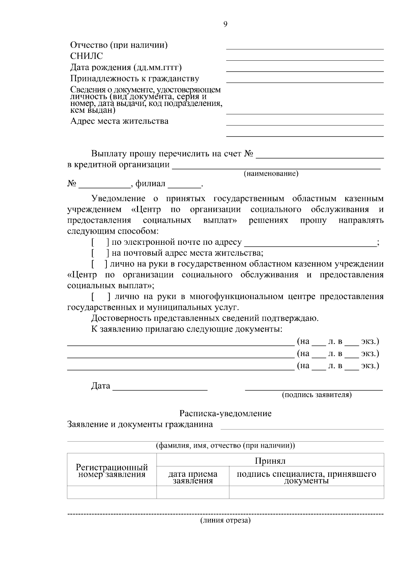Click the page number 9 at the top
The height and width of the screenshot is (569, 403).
[225, 24]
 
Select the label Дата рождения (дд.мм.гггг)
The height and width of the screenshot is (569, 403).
[126, 67]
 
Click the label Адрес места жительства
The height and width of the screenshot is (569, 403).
[119, 121]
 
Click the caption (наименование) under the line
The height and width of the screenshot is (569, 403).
[271, 174]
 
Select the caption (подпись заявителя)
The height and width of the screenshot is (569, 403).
[317, 395]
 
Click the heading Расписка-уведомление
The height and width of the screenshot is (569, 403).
[225, 413]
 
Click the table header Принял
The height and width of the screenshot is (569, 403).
[270, 461]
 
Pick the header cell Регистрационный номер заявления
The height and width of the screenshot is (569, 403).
[112, 471]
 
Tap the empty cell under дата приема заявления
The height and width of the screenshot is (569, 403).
[193, 492]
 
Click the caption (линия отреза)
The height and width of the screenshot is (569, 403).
[225, 521]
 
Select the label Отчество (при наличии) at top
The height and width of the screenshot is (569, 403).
[119, 45]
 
